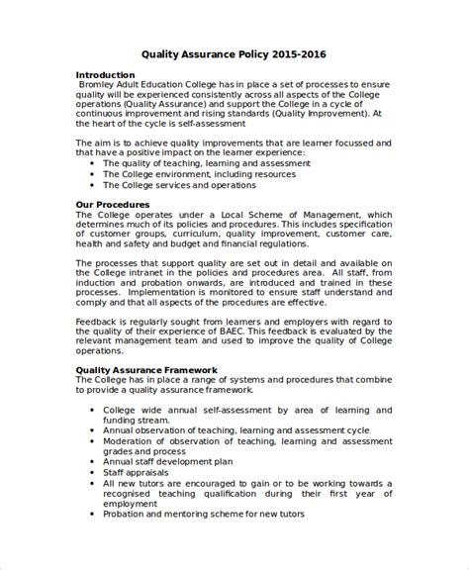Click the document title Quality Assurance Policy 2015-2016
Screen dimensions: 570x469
[x=234, y=56]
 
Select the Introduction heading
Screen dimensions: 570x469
[x=106, y=75]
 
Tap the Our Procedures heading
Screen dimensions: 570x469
[x=113, y=205]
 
